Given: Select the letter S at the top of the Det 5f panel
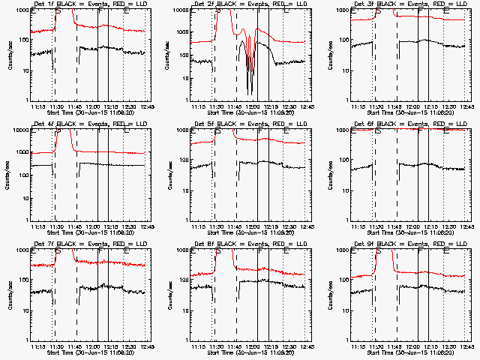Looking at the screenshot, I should [217, 132].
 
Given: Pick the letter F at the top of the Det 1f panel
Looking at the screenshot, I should [100, 12].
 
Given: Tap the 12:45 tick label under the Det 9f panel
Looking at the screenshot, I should [466, 346].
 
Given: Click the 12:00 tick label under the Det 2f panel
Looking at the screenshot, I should [253, 106].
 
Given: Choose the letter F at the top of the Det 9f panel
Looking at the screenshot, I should [420, 252].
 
